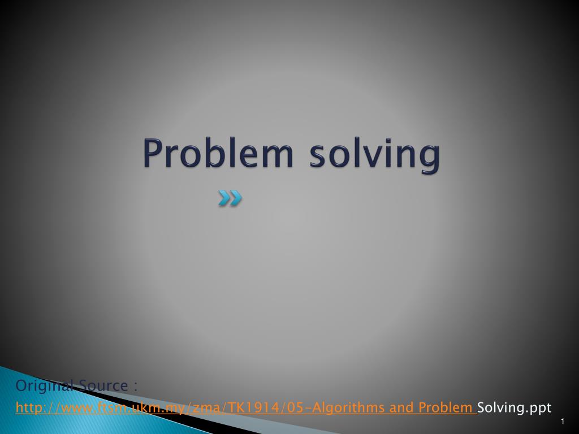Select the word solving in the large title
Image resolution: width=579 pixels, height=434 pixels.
click(x=375, y=155)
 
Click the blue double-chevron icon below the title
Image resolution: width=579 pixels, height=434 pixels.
click(x=230, y=198)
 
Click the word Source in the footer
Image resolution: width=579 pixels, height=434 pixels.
click(x=103, y=385)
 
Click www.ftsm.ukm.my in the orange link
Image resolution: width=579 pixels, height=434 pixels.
click(x=125, y=408)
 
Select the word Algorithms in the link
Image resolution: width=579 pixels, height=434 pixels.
click(x=348, y=408)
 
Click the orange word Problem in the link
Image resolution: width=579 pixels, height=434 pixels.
click(x=446, y=407)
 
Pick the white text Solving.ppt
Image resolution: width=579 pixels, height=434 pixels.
click(x=514, y=408)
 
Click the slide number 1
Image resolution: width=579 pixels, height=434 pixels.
click(x=563, y=421)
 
